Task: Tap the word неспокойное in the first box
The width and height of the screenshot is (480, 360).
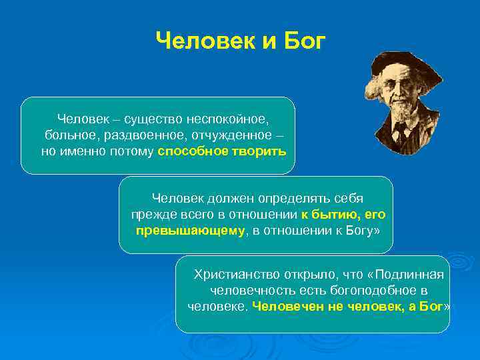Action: (229, 119)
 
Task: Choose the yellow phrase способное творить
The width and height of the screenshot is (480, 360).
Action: (221, 151)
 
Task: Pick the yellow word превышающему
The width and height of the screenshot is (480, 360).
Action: (190, 231)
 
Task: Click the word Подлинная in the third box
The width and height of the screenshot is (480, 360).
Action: (415, 275)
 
